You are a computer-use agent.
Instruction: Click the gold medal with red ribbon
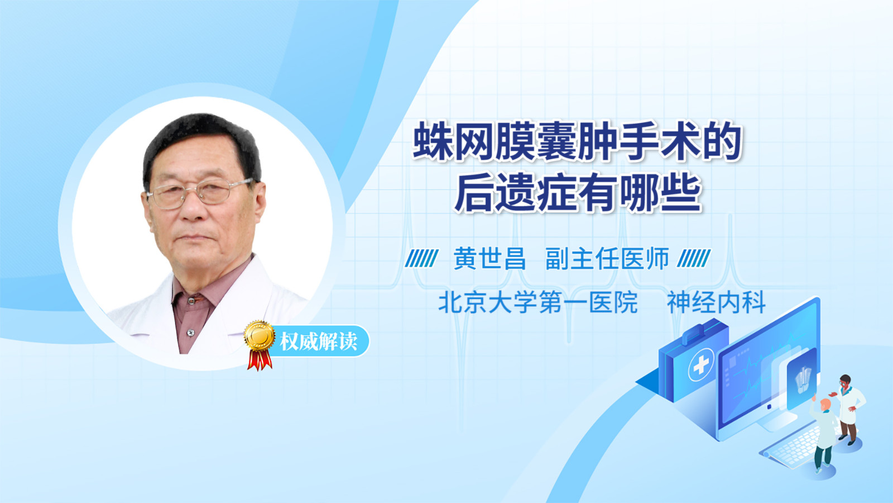coord(260,344)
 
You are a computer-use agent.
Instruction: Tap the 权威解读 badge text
coord(319,341)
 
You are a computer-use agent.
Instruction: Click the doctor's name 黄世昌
coord(489,259)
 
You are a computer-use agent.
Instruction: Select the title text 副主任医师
coord(607,259)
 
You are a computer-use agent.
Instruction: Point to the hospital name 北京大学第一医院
coord(538,302)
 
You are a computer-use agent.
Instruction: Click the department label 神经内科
coord(717,302)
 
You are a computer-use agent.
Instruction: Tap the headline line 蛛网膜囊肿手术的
coord(577,141)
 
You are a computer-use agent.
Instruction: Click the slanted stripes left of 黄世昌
coord(421,258)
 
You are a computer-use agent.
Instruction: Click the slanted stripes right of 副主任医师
coord(694,258)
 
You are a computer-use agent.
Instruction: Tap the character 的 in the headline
coord(722,141)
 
